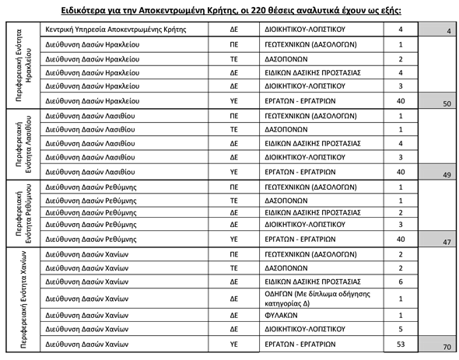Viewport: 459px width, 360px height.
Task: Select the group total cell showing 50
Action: tap(446, 102)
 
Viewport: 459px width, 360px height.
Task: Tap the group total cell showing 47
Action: tap(446, 242)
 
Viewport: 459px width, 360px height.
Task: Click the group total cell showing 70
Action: tap(446, 345)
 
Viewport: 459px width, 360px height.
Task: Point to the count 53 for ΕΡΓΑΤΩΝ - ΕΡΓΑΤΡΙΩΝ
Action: tap(401, 343)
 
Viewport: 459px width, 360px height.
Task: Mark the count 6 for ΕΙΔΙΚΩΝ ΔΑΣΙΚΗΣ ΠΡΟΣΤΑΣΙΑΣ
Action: tap(401, 281)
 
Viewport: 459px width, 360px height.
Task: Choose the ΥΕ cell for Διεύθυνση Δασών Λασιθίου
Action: tap(234, 172)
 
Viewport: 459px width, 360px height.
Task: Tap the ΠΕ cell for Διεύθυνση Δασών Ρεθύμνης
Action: tap(234, 187)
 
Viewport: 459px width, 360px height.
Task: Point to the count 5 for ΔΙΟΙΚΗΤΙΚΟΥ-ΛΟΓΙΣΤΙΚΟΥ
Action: tap(401, 328)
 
